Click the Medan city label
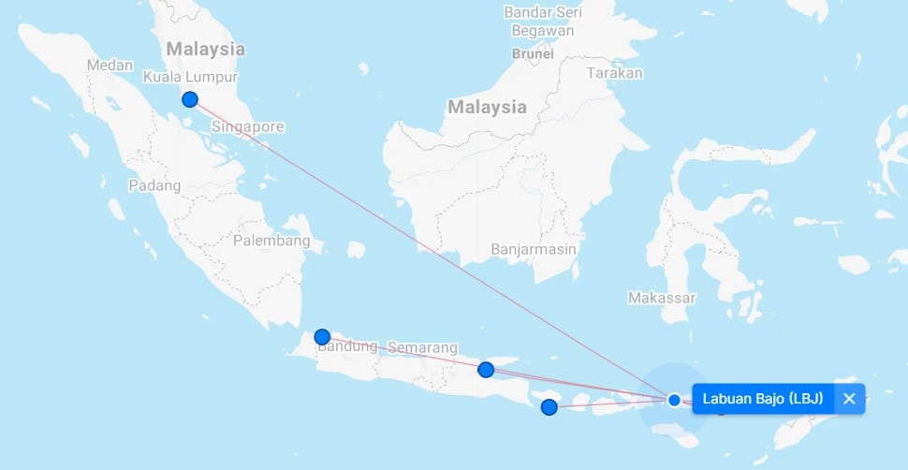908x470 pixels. [x=110, y=66]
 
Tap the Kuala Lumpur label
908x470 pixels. [x=190, y=77]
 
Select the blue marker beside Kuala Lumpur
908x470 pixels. [x=190, y=99]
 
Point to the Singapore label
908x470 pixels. [x=247, y=126]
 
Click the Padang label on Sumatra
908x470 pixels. [x=154, y=185]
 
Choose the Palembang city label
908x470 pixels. [x=271, y=241]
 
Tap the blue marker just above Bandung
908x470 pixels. [x=322, y=337]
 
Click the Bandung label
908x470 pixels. [x=347, y=346]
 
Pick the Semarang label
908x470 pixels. [x=423, y=348]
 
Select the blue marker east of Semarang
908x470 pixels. [x=486, y=370]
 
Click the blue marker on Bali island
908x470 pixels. [x=549, y=407]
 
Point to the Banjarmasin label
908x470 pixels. [x=534, y=250]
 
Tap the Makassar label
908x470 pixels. [x=663, y=298]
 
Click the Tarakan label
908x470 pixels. [x=615, y=72]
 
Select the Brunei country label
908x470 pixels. [x=533, y=53]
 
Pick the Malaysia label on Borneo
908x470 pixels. [x=487, y=107]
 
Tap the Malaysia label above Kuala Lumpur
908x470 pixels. [x=205, y=49]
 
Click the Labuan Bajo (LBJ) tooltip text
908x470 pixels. [x=763, y=399]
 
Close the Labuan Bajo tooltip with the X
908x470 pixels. [x=849, y=399]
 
